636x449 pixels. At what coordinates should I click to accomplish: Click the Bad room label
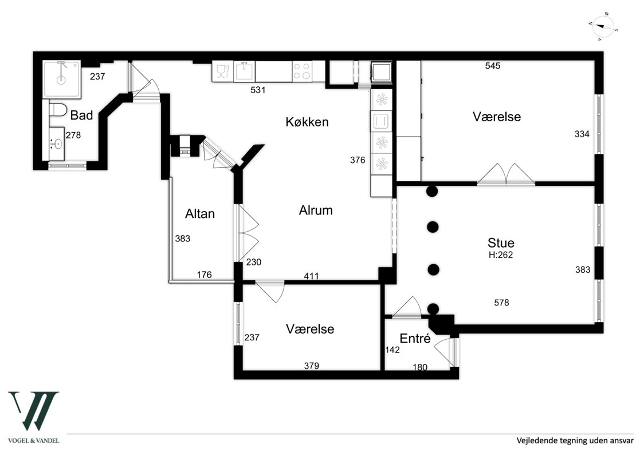(x=81, y=116)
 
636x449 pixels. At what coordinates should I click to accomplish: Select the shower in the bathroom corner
(x=61, y=80)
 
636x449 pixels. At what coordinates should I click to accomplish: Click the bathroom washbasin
(x=56, y=144)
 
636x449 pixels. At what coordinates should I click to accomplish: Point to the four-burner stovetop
(x=302, y=71)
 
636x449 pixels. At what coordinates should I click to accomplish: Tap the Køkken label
(x=307, y=122)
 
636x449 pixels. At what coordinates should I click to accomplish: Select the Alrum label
(x=316, y=210)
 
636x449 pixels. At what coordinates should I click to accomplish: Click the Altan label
(x=199, y=213)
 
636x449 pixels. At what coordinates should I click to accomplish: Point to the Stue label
(x=501, y=243)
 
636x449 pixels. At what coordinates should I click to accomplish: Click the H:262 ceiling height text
(x=501, y=255)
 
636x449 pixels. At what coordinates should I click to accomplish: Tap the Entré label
(x=415, y=338)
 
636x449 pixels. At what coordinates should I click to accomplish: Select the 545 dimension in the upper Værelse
(x=493, y=66)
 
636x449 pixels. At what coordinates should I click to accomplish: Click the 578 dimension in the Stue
(x=501, y=303)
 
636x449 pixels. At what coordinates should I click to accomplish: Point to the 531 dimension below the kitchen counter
(x=258, y=90)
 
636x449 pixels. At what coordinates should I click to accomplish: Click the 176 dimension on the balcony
(x=205, y=275)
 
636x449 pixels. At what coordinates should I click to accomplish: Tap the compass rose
(x=603, y=27)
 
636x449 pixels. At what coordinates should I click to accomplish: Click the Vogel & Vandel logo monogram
(x=34, y=411)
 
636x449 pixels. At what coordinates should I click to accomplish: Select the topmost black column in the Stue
(x=433, y=190)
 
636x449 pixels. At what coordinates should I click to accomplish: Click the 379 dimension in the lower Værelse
(x=312, y=365)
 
